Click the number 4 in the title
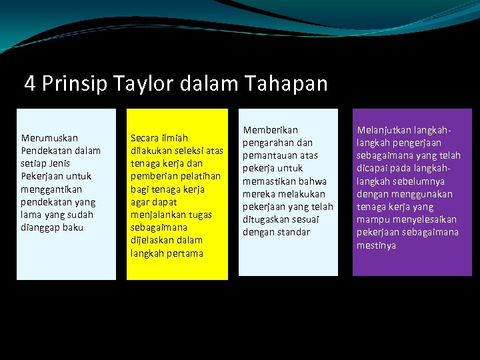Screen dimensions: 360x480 tap(30, 84)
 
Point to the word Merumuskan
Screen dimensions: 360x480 tap(49, 138)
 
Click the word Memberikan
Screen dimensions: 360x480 tap(270, 130)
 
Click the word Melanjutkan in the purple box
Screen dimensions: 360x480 tap(383, 130)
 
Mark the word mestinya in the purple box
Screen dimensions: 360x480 tap(377, 245)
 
